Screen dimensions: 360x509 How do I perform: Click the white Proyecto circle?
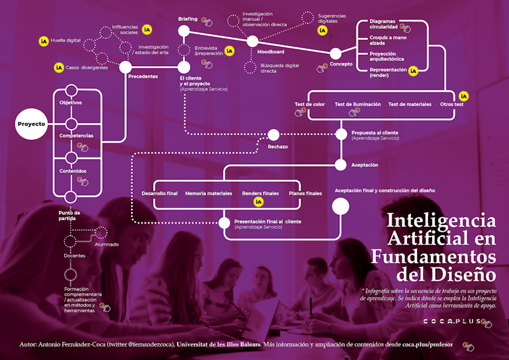click(x=31, y=124)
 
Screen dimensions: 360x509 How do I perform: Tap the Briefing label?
click(x=188, y=19)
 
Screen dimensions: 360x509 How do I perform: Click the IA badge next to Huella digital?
click(x=44, y=41)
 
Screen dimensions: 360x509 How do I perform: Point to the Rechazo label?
click(x=277, y=147)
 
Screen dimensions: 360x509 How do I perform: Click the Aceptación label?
click(x=365, y=165)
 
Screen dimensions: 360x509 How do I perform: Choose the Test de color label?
click(x=310, y=104)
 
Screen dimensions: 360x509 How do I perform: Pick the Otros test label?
click(x=452, y=104)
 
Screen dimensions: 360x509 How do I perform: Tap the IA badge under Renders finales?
click(x=258, y=202)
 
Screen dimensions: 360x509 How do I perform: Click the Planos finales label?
click(x=305, y=193)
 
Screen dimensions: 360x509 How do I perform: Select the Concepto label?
click(x=341, y=64)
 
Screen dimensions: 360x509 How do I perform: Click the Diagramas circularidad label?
click(x=383, y=24)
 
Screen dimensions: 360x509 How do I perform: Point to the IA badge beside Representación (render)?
click(x=414, y=70)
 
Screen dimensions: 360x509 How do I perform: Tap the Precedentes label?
click(x=142, y=76)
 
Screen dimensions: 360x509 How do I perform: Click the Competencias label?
click(x=76, y=136)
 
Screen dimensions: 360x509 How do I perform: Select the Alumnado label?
click(x=106, y=244)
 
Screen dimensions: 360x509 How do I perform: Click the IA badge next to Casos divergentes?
click(x=59, y=68)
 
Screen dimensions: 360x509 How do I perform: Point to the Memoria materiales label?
click(x=208, y=193)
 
